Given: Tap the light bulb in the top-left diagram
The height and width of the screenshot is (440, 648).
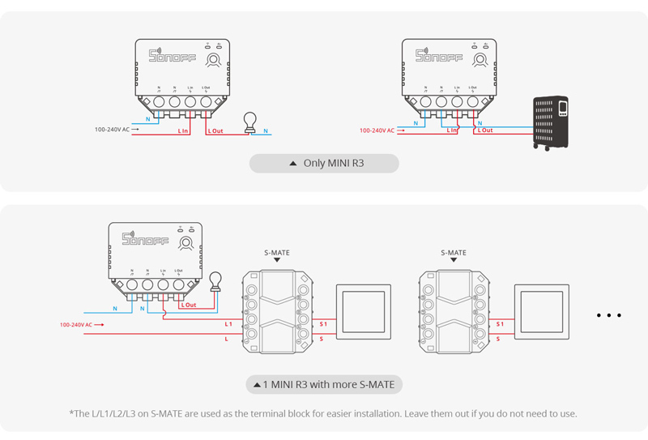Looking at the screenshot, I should coord(250,122).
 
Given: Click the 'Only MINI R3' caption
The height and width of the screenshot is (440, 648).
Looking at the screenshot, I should coord(326,164).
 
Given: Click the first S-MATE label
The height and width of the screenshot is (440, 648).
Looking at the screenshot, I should coord(277,253).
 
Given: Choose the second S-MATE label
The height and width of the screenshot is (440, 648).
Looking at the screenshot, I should coord(454,253).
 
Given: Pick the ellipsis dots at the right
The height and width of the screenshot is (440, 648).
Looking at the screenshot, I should coord(608,315).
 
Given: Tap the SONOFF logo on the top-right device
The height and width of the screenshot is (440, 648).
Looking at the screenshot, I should coord(439,56).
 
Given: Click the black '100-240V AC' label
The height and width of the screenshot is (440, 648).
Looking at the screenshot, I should coord(113,130).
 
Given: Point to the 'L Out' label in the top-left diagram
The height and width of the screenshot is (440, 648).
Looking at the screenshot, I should coord(215,130).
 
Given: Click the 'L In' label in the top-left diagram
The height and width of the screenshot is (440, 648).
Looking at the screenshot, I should coord(183,130).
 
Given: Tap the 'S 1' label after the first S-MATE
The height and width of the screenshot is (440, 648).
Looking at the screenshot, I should coord(322,324).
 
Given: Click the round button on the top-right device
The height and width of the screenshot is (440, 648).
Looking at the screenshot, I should coord(481,60).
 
